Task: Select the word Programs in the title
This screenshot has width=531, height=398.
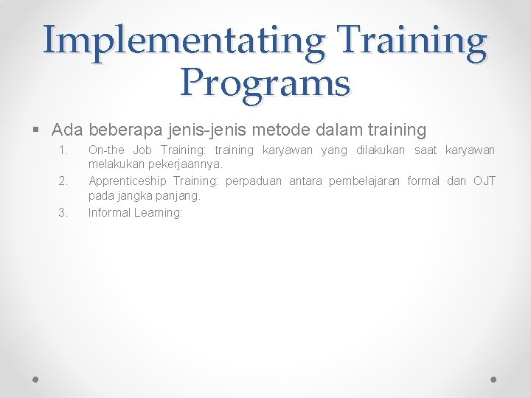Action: tap(265, 83)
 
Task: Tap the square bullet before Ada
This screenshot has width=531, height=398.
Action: tap(37, 131)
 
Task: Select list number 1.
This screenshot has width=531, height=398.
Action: tap(63, 150)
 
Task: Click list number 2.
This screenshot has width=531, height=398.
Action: tap(63, 181)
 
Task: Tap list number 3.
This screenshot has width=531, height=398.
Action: tap(63, 213)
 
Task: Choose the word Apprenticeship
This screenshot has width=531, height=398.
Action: tap(128, 181)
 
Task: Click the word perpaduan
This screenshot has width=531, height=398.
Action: tap(254, 181)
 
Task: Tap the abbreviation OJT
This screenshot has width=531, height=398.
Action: tap(484, 181)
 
